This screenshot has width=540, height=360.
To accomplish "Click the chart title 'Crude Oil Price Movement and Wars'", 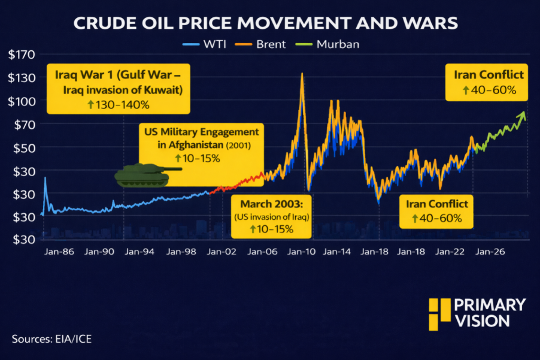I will (265, 24).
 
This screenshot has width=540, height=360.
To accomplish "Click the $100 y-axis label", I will (22, 101).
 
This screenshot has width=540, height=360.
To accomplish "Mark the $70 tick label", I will (22, 125).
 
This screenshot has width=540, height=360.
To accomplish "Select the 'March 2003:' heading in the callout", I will (272, 205).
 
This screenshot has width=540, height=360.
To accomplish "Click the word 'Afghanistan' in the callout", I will (208, 145).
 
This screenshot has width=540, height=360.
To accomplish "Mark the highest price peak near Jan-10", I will (301, 74).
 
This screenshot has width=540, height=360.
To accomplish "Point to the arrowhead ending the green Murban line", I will (524, 113).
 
